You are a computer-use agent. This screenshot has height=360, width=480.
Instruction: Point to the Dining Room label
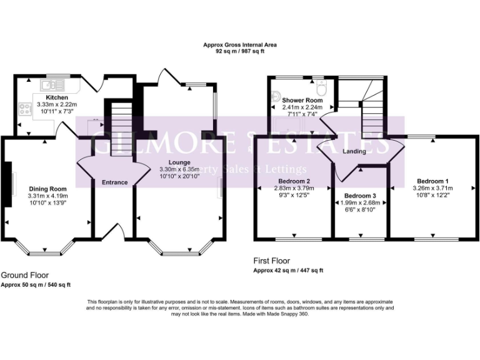coord(47,189)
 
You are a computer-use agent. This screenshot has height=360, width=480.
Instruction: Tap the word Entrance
coord(114,182)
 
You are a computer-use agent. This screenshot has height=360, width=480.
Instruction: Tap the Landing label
coord(354,151)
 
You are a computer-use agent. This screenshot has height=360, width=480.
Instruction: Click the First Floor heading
coord(271,261)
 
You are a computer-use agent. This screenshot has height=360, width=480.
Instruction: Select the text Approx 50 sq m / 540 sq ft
coord(36,285)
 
